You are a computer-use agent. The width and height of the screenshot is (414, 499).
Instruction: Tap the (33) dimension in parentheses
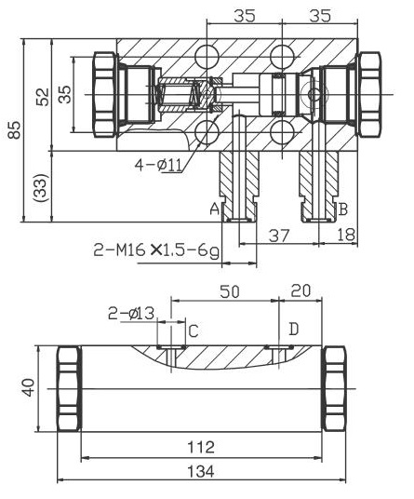(x=42, y=186)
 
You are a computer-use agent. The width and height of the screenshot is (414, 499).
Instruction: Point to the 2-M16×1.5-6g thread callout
(x=155, y=249)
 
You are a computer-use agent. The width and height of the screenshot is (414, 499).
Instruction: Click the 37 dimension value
(x=277, y=236)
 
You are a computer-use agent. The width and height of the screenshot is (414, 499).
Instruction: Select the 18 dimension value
(x=346, y=236)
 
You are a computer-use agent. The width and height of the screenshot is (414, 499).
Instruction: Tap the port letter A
(x=213, y=209)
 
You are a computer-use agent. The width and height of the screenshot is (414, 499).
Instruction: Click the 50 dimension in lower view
(x=229, y=291)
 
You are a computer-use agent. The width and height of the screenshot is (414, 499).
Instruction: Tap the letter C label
(x=194, y=330)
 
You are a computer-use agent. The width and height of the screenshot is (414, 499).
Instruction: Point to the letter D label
(x=293, y=330)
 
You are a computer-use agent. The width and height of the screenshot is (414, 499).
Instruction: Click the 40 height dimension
(x=30, y=386)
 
